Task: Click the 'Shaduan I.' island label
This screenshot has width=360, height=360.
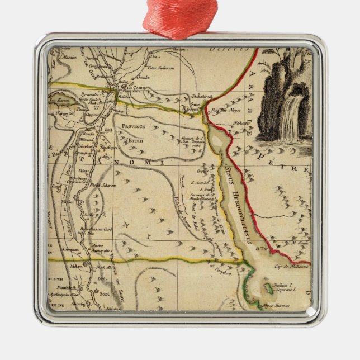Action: point(282,285)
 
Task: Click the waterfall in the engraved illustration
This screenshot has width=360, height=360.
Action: point(290,120)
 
